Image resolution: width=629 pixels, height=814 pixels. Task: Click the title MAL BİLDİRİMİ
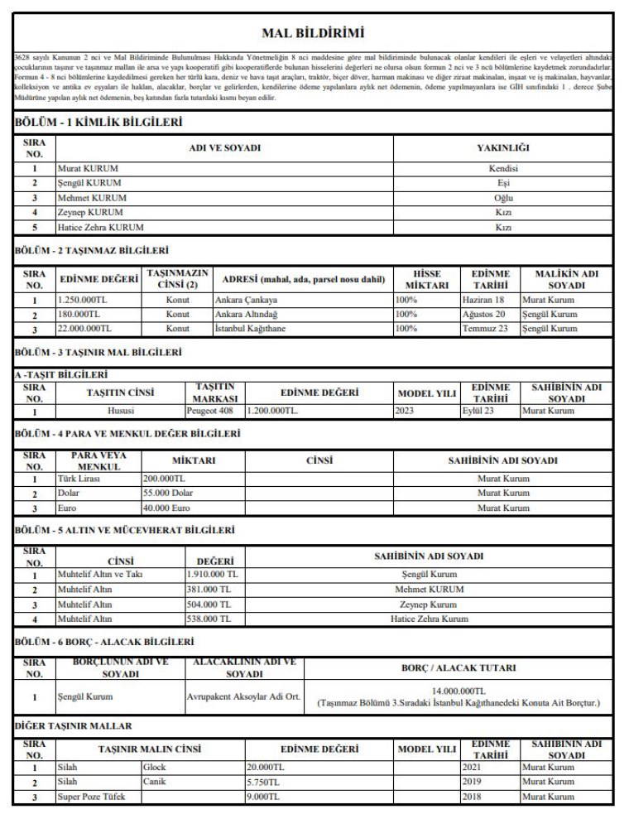pyautogui.click(x=313, y=34)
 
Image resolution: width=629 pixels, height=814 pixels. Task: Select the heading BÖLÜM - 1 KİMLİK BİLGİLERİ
pyautogui.click(x=98, y=123)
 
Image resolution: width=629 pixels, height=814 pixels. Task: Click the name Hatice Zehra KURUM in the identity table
pyautogui.click(x=100, y=227)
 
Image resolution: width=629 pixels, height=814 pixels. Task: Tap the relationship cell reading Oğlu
pyautogui.click(x=502, y=198)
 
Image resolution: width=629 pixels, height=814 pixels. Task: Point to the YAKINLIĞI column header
pyautogui.click(x=502, y=148)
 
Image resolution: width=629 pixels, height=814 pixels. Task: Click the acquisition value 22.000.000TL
pyautogui.click(x=84, y=329)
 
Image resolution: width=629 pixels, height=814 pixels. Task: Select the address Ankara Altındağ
pyautogui.click(x=246, y=315)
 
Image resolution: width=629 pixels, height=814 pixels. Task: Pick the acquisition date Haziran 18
pyautogui.click(x=483, y=300)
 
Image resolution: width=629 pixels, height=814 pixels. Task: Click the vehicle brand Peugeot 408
pyautogui.click(x=215, y=411)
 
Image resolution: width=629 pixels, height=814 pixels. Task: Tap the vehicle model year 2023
pyautogui.click(x=405, y=411)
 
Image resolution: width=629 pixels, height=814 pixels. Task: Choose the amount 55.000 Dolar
pyautogui.click(x=168, y=493)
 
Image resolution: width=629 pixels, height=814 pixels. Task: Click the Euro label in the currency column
pyautogui.click(x=66, y=508)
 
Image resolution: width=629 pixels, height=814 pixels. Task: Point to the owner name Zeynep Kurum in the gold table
pyautogui.click(x=429, y=604)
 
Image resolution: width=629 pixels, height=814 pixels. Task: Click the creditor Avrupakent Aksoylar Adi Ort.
pyautogui.click(x=242, y=697)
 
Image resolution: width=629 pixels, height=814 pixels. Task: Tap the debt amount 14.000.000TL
pyautogui.click(x=459, y=691)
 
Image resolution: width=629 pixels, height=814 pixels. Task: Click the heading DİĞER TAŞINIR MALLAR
pyautogui.click(x=74, y=726)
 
